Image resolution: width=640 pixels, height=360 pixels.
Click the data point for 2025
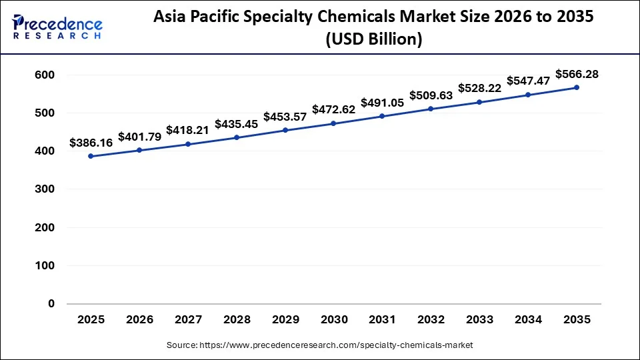(91, 156)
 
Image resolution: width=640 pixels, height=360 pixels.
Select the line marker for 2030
(333, 123)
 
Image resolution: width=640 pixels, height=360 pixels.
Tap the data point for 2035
(576, 87)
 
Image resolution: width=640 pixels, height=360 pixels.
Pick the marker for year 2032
(431, 109)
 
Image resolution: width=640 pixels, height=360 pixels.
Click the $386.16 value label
(91, 143)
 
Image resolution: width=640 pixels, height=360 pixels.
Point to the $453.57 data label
(285, 117)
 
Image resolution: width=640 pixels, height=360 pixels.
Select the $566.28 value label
(577, 74)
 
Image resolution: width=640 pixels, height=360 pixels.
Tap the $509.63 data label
(431, 95)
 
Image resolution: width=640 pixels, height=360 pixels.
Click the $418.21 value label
(188, 130)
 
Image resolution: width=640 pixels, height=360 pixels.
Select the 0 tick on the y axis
(51, 304)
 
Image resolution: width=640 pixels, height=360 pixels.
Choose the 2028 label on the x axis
(237, 319)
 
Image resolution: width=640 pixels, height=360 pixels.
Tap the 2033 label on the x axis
(479, 319)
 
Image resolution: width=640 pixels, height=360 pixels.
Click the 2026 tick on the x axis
(139, 319)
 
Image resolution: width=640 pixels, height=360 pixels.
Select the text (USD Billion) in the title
(373, 39)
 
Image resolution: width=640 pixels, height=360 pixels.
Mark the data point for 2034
(528, 95)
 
